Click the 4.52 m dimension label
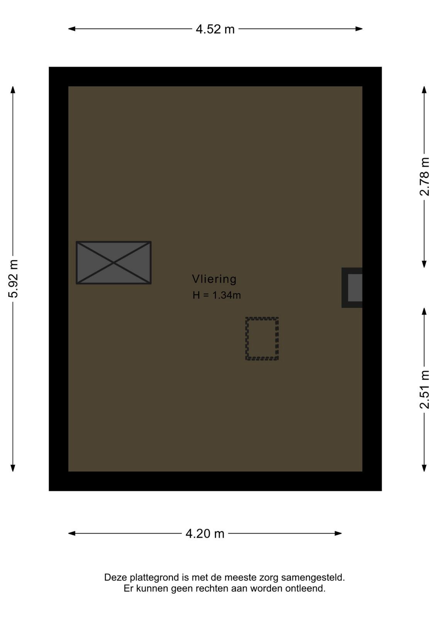(215, 29)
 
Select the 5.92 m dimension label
(13, 278)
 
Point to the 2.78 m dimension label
(424, 177)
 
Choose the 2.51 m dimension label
(424, 389)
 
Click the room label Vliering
(214, 279)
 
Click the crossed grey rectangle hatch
(113, 263)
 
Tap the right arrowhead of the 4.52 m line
(359, 29)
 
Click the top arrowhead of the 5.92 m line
(13, 90)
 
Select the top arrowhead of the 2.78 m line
(424, 90)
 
